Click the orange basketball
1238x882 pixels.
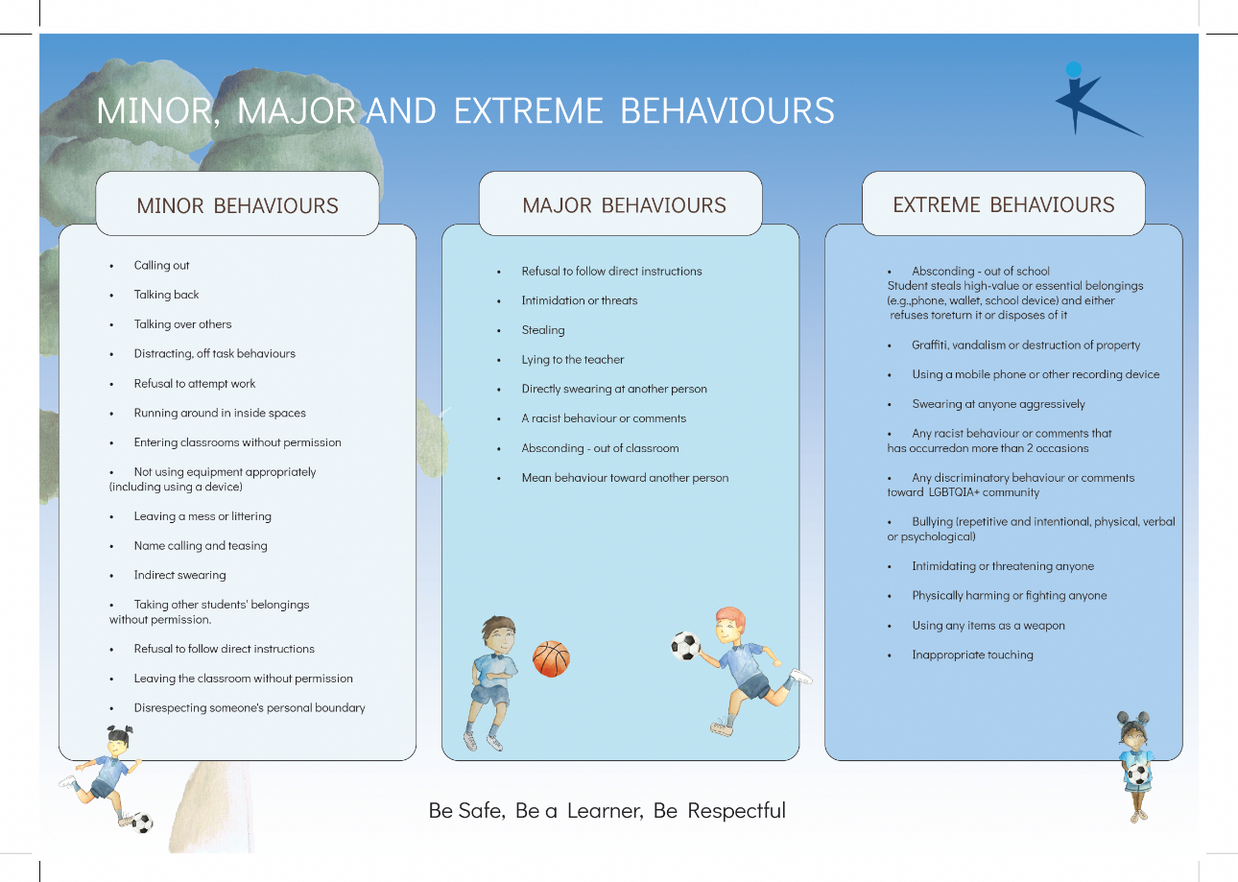click(x=551, y=658)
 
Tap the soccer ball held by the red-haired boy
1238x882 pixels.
click(x=686, y=646)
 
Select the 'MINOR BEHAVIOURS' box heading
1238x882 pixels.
click(x=237, y=205)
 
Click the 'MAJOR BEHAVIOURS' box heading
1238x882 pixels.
click(x=624, y=205)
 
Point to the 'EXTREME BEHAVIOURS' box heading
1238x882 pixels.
click(x=1004, y=204)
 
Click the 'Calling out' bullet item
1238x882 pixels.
click(x=161, y=265)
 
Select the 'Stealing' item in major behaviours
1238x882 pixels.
click(x=543, y=330)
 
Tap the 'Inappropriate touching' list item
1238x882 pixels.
click(x=973, y=655)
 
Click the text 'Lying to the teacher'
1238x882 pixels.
click(x=573, y=359)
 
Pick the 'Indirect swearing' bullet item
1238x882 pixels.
click(x=179, y=575)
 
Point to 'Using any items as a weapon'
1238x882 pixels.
click(x=988, y=625)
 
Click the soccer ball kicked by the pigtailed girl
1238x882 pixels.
click(x=143, y=822)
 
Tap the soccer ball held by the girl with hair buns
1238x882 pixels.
click(x=1137, y=774)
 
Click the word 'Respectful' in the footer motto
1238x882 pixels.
click(x=736, y=810)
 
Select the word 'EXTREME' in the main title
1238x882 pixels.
click(x=528, y=110)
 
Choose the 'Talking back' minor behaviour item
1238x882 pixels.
click(x=166, y=295)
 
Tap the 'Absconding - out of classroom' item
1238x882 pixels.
click(x=600, y=448)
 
